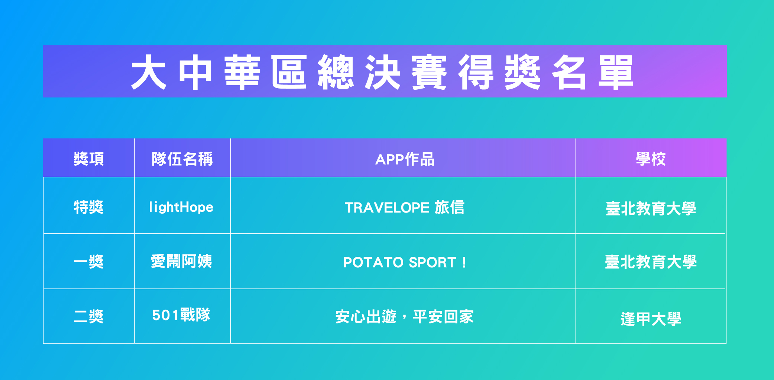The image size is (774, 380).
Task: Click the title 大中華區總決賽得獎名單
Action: coord(382,72)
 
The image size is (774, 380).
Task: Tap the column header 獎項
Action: coord(89,159)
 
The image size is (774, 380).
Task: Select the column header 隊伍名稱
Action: coord(182,159)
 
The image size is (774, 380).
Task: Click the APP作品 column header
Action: coord(405,159)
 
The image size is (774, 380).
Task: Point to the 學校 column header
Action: coord(651,159)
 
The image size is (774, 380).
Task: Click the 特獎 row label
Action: coord(89,207)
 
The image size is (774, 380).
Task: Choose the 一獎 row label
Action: coord(89,262)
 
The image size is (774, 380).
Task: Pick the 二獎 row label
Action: coord(89,316)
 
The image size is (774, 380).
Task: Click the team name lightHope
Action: coord(181,207)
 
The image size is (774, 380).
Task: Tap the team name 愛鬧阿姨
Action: coord(182,261)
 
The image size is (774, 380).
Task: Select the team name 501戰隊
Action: coord(181,315)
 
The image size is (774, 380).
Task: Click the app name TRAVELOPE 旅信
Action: coord(405,207)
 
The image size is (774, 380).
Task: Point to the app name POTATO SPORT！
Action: coord(405,262)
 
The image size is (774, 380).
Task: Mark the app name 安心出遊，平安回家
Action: coord(405,317)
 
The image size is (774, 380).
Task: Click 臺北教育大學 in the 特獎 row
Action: coord(651,208)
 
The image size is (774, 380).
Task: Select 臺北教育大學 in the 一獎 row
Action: coord(651,262)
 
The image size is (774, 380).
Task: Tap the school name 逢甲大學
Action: coord(651,319)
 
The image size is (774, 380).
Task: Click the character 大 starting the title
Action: coord(149,72)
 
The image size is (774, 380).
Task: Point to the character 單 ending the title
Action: coord(616,72)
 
